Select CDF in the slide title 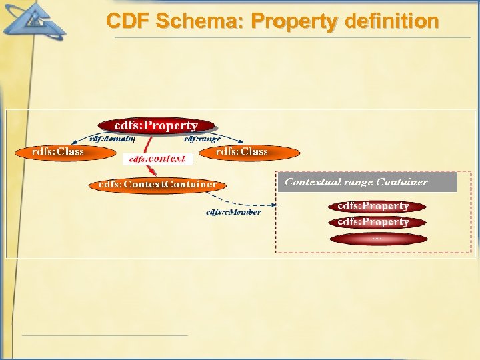point(128,22)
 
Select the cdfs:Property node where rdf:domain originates point(157,125)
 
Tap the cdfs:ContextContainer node point(157,184)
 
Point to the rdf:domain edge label point(113,139)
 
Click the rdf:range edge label point(202,139)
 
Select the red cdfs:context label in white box point(157,159)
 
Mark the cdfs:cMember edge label point(233,212)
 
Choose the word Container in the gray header point(402,182)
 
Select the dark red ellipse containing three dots point(377,239)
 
